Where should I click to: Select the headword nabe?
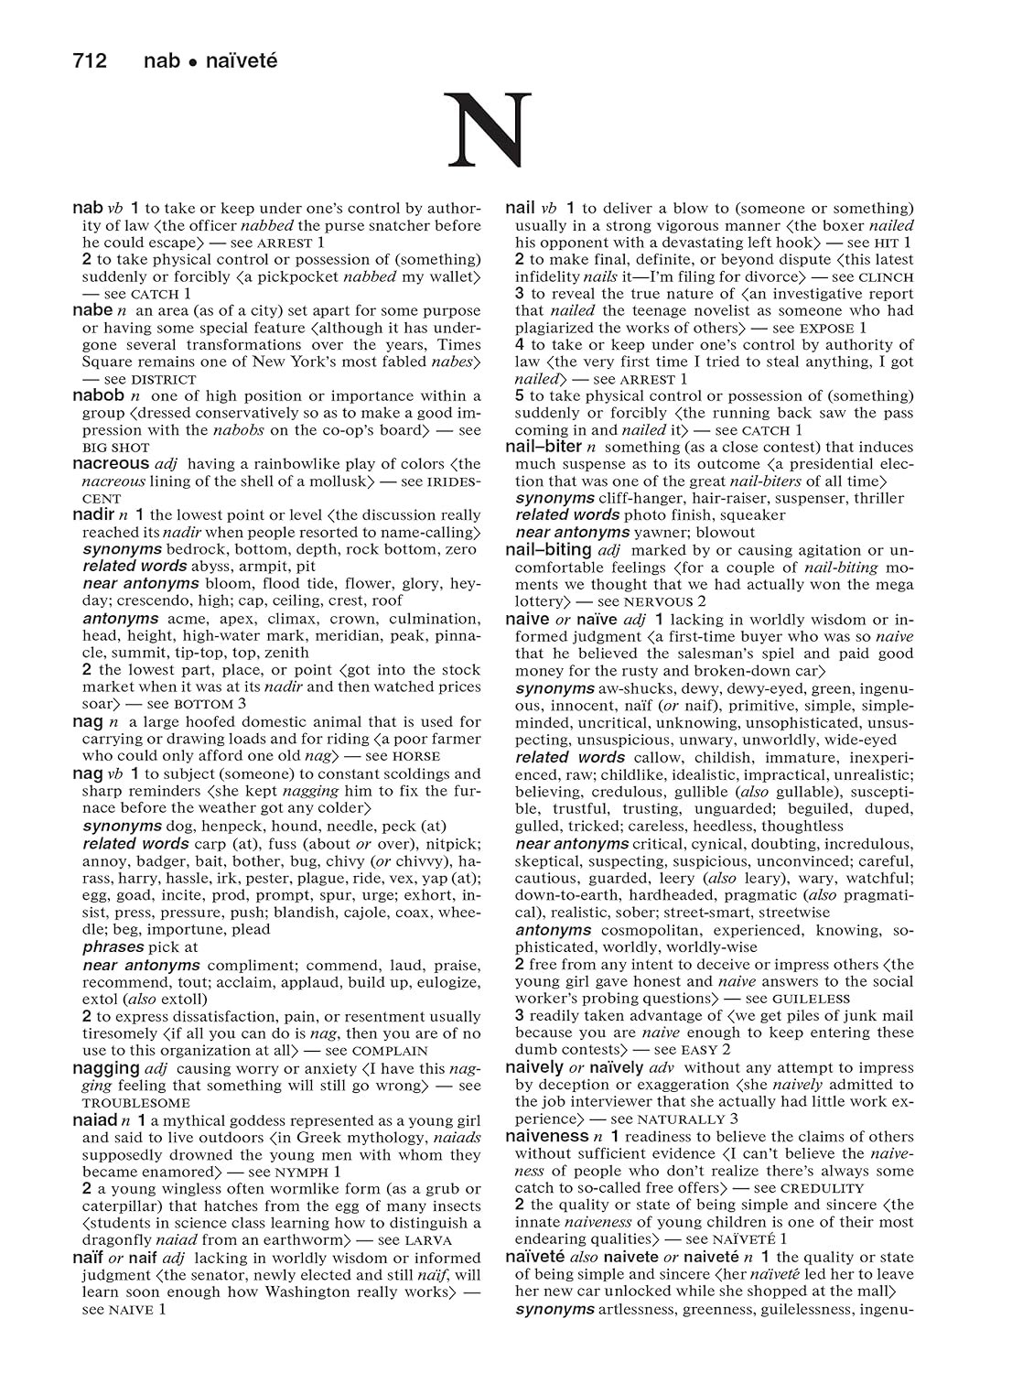point(92,310)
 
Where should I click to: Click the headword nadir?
point(93,514)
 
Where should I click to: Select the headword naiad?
point(94,1119)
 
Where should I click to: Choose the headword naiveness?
point(546,1136)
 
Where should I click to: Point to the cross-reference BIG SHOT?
point(116,448)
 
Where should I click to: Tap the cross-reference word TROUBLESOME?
point(136,1103)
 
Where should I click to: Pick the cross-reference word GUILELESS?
point(811,999)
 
